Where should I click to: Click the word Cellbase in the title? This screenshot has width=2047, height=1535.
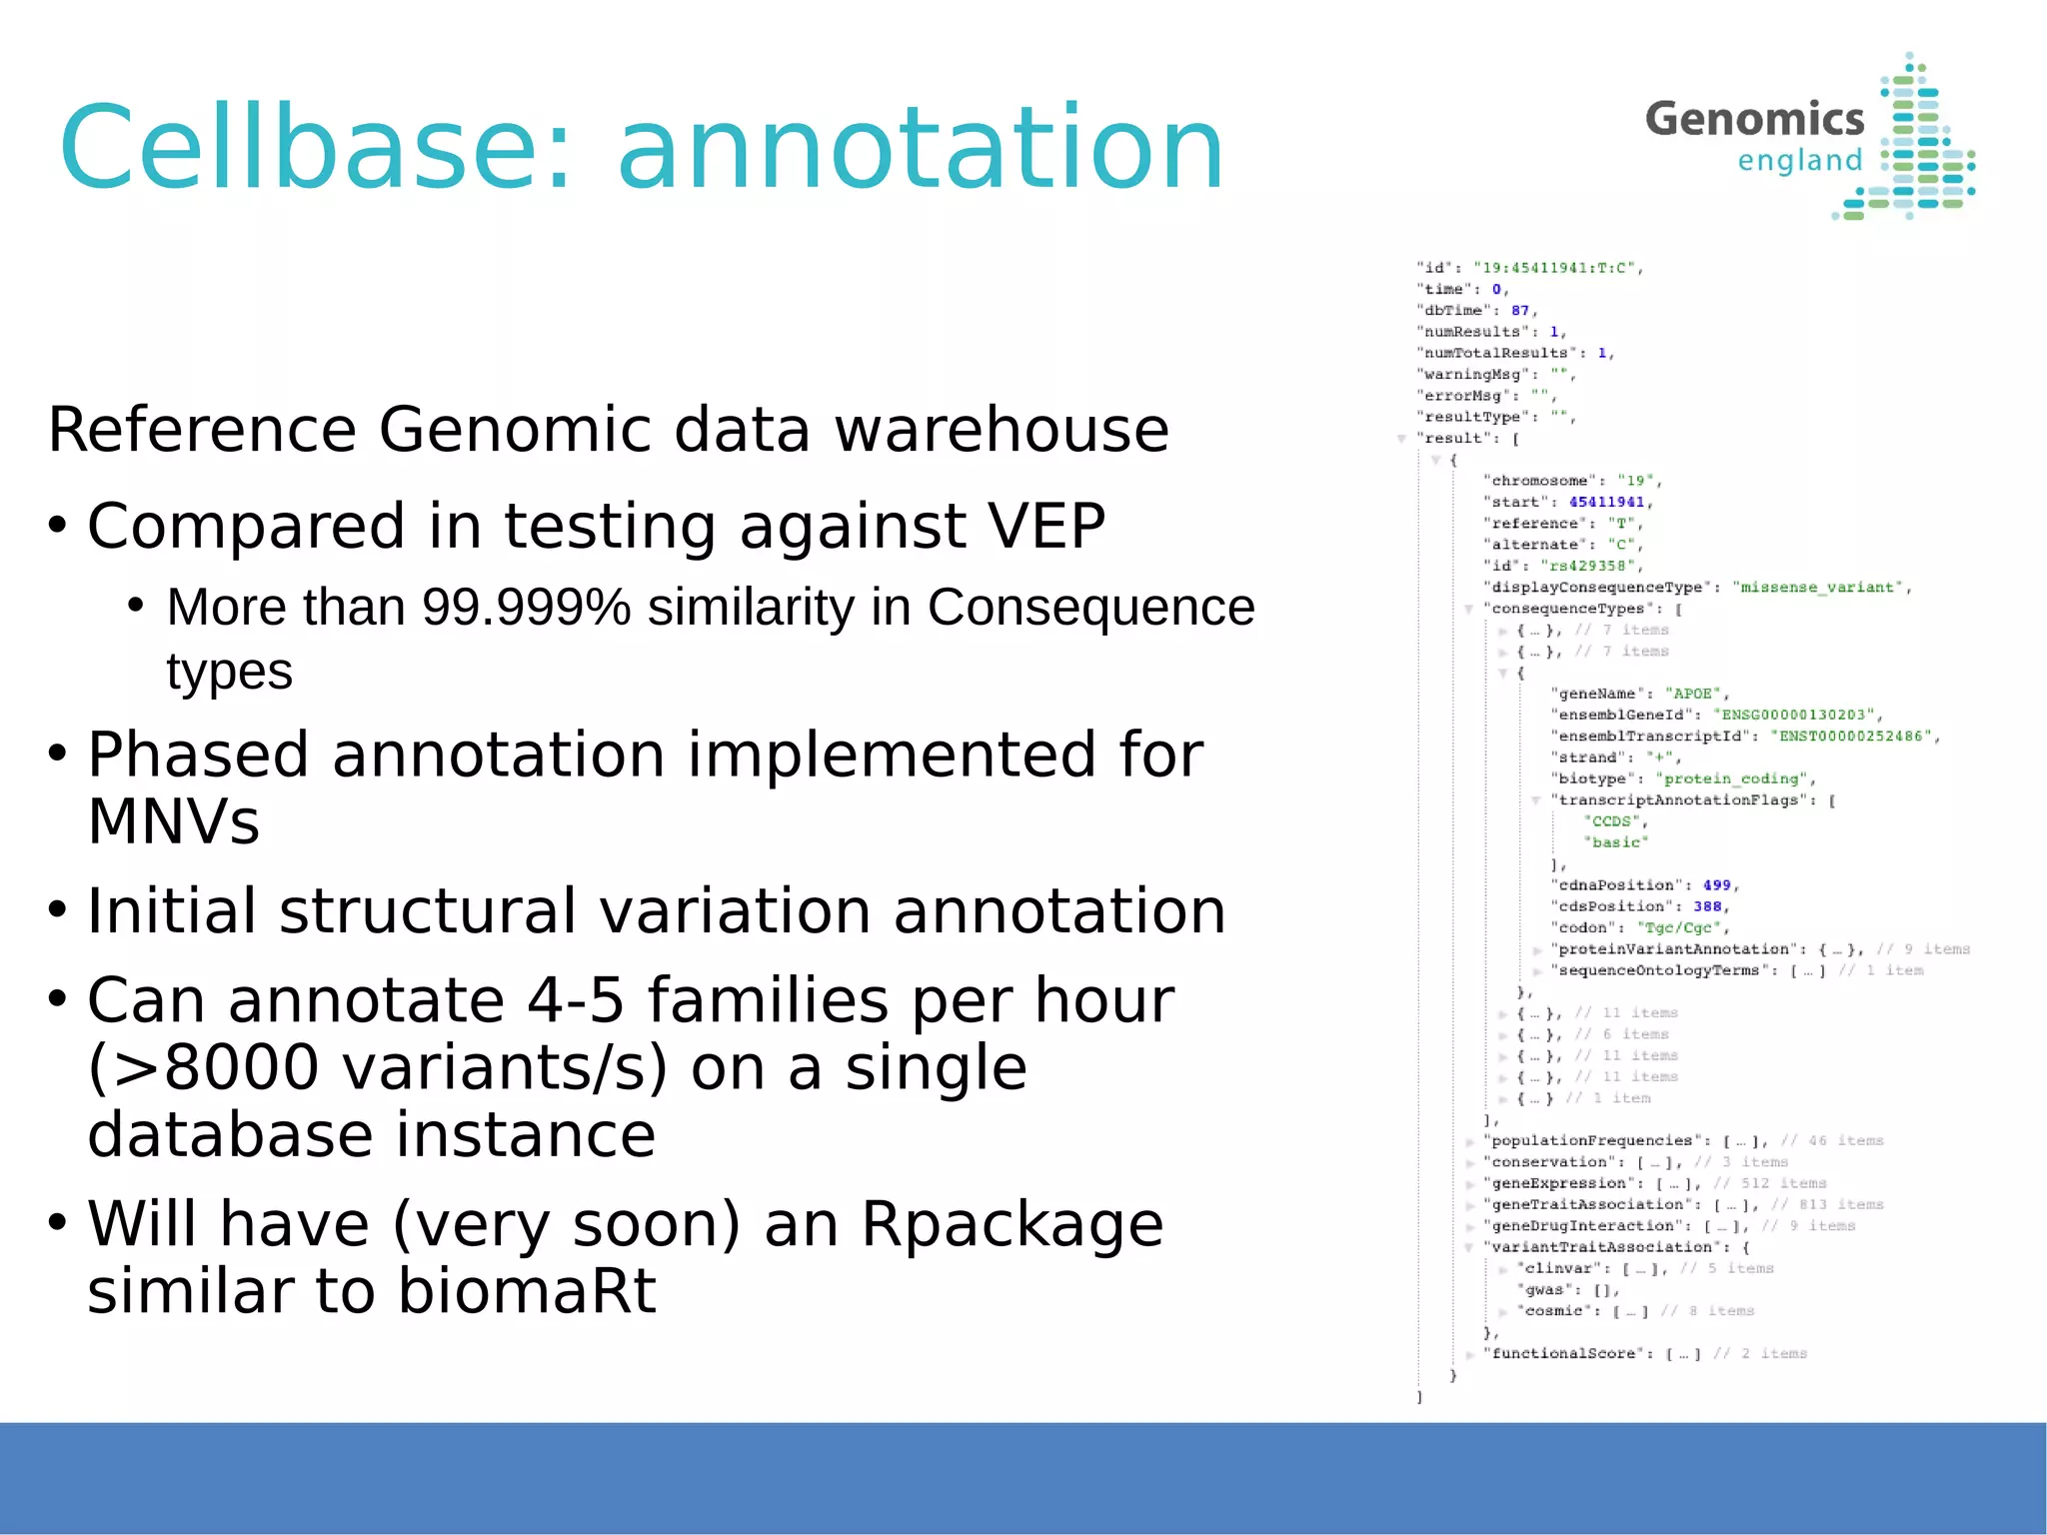click(x=315, y=148)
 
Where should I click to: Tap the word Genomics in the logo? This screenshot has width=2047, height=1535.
click(x=1754, y=119)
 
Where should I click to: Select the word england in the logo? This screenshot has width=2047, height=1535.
click(x=1799, y=161)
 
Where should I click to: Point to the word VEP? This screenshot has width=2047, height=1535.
click(x=1046, y=526)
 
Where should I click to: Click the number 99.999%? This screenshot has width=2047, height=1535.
click(x=526, y=607)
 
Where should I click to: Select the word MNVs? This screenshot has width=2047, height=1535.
click(x=174, y=821)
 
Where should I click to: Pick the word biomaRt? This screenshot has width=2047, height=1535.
click(x=526, y=1290)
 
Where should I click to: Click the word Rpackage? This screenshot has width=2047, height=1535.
click(x=1012, y=1223)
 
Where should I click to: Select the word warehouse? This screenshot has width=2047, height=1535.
click(x=1002, y=430)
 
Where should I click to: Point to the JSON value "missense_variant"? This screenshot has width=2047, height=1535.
click(x=1817, y=588)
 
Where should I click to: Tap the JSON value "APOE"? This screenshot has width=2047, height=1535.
click(x=1692, y=694)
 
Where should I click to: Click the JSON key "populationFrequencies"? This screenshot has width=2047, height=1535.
click(x=1591, y=1140)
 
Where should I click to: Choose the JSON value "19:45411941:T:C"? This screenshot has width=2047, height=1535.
click(x=1554, y=268)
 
